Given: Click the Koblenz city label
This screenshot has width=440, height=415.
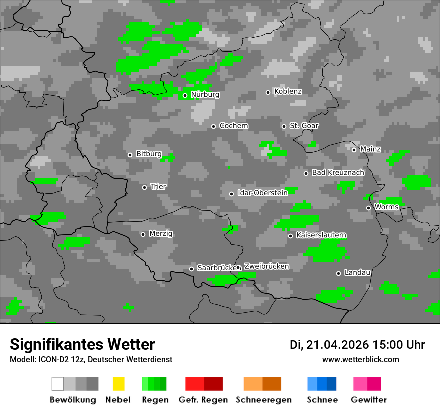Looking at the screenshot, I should point(288,92).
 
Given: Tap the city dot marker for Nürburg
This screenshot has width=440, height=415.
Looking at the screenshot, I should point(185,95).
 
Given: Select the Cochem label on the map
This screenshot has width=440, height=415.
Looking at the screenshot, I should point(233,126).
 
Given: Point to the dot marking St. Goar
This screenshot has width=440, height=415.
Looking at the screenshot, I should point(284,126).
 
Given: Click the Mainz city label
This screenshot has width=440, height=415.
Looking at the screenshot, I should point(370,149).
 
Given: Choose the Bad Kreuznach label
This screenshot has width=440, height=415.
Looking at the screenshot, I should point(338,173).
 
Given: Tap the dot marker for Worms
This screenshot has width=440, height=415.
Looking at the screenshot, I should point(369,208).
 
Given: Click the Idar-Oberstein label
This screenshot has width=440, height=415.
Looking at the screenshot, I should point(263,193).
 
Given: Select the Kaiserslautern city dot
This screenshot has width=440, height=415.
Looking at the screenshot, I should point(290,236).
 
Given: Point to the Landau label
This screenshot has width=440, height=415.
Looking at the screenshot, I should point(357,273).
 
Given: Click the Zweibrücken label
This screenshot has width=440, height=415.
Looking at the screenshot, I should point(266,266).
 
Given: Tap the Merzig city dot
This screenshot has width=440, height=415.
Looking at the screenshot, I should point(143,234).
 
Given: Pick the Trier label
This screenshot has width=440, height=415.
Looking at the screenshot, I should point(158,187).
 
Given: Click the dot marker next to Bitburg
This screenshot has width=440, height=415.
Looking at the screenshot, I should point(130,155).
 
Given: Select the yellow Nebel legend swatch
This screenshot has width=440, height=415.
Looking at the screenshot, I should point(118,384).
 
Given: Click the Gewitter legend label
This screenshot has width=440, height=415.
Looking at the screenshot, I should point(368,400).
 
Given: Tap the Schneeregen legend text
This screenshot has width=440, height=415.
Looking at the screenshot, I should point(263,400).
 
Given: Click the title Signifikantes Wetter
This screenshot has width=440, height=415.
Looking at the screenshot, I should point(82,344).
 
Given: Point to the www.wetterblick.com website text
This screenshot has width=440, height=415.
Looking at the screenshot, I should point(360,360).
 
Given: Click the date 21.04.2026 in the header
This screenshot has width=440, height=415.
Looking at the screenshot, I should point(337,345).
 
